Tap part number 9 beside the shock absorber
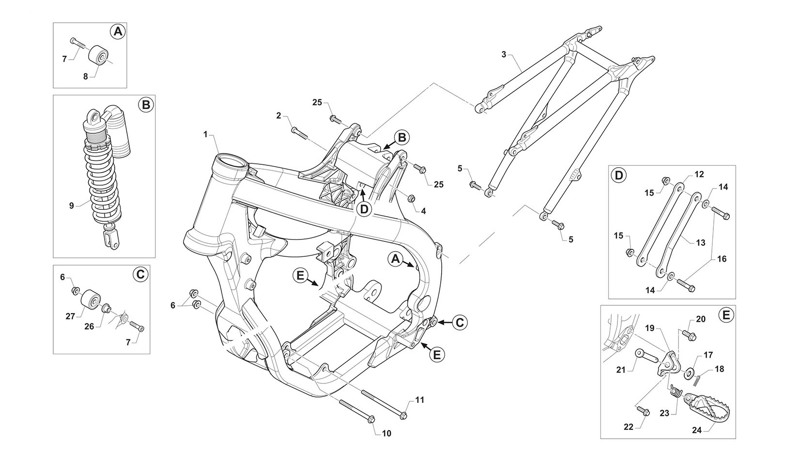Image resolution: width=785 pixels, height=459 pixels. click(71, 206)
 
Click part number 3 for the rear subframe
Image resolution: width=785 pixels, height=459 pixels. click(504, 55)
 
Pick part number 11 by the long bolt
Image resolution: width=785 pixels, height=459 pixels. click(419, 400)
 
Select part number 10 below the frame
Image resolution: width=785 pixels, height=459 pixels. click(386, 433)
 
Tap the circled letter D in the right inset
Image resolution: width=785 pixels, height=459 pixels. click(618, 175)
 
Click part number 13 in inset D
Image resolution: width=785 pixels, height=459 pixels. click(700, 243)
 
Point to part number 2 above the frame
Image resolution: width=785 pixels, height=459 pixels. click(278, 115)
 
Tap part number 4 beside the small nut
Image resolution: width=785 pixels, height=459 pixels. click(423, 211)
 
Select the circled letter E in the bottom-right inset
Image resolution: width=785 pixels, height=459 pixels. click(725, 316)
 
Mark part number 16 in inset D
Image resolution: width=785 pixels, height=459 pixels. click(722, 259)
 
